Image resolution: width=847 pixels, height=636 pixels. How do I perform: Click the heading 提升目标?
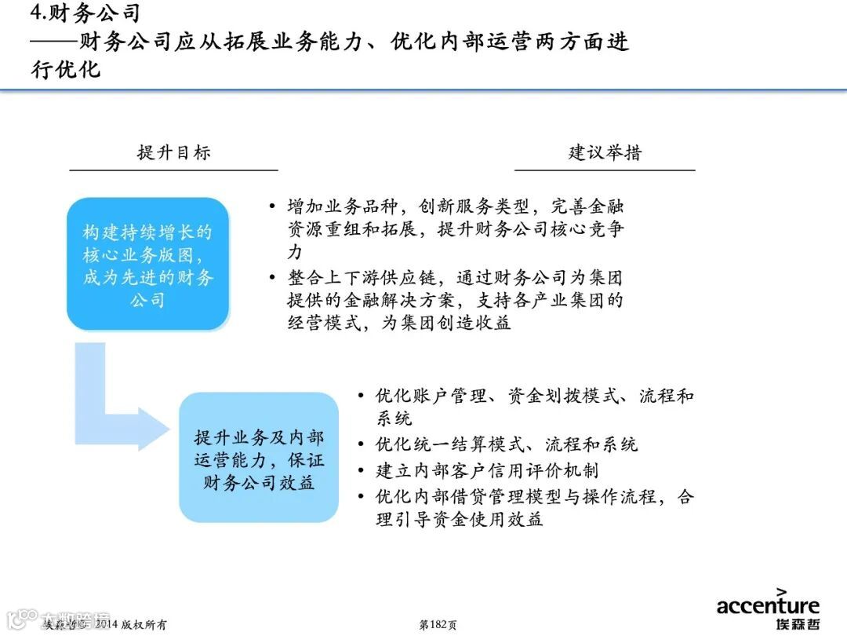coord(173,152)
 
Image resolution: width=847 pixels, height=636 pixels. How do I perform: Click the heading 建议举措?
coord(605,152)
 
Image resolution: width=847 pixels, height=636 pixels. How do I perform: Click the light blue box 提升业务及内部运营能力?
coord(259,459)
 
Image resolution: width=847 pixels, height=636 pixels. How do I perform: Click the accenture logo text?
coord(767,605)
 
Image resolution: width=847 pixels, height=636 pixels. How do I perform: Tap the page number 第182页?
coord(438,625)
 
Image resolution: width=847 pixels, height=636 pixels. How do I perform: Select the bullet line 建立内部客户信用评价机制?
coord(487,471)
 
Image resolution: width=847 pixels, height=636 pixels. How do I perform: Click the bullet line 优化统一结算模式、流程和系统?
coord(506,444)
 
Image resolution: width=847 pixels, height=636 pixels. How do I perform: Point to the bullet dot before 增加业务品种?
coord(272,207)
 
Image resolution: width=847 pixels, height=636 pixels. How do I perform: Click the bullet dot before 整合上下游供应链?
coord(272,278)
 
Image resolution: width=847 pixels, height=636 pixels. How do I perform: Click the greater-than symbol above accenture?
coord(782,591)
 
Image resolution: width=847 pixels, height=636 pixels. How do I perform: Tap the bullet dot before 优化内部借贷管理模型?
coord(360,497)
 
